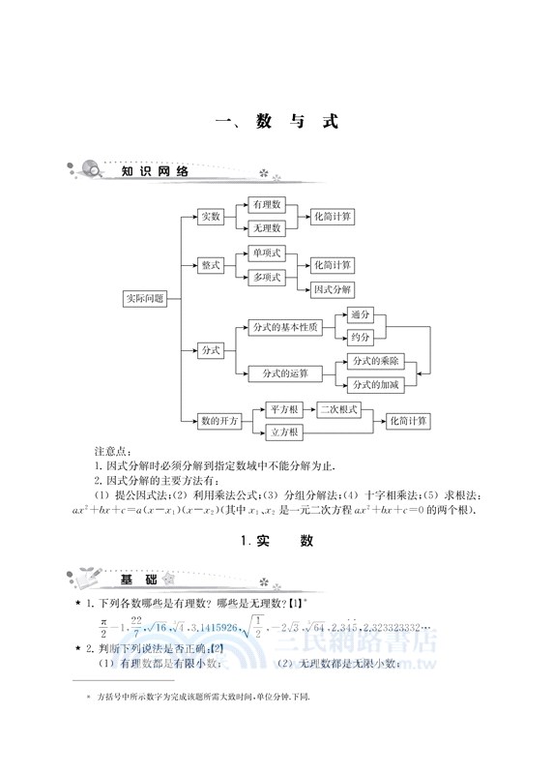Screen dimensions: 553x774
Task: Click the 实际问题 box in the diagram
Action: (144, 299)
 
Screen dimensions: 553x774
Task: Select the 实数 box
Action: (211, 218)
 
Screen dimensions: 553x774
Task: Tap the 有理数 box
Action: (266, 205)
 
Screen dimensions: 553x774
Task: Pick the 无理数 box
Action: (266, 229)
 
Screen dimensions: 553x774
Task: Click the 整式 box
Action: (211, 265)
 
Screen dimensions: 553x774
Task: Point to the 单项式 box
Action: (266, 253)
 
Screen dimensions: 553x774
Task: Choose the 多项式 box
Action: (266, 278)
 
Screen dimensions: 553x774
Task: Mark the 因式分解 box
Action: (332, 289)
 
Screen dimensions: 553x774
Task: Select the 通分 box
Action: (361, 315)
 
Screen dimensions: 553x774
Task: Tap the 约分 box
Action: (361, 338)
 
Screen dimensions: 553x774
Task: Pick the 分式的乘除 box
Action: (376, 362)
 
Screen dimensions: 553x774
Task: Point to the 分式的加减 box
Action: (376, 385)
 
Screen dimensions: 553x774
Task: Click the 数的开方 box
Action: (219, 421)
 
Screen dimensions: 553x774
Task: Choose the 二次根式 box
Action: (338, 410)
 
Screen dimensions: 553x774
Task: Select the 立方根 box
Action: (282, 432)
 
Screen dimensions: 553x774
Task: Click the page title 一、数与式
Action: (276, 123)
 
